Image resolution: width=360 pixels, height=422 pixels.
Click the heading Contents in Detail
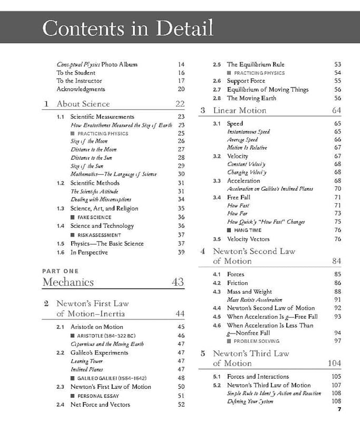[128, 27]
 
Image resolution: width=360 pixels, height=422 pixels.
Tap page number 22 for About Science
[180, 104]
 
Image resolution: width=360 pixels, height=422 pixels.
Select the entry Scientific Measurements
[102, 117]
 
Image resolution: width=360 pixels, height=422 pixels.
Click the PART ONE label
[60, 271]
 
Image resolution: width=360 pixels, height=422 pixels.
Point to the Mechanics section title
[68, 282]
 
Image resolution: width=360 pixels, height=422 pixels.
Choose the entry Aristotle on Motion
[96, 327]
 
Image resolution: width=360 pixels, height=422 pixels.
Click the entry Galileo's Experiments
[99, 352]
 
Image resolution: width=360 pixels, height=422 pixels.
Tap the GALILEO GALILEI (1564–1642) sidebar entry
[112, 378]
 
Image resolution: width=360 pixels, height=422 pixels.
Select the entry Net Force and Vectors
[100, 405]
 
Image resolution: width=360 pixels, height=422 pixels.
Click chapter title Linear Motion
[239, 110]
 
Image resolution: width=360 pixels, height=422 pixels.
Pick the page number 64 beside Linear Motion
[336, 110]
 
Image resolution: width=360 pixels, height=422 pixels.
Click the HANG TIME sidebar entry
[247, 230]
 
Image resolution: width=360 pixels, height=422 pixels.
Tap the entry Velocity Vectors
[248, 239]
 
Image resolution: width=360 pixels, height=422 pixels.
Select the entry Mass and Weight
[249, 292]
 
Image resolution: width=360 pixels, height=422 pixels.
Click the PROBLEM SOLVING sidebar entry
[257, 341]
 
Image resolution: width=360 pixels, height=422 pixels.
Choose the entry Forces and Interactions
[258, 377]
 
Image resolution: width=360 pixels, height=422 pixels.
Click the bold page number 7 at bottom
[339, 409]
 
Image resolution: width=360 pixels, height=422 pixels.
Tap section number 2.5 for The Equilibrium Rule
[217, 64]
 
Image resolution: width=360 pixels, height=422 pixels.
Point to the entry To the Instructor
[75, 81]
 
